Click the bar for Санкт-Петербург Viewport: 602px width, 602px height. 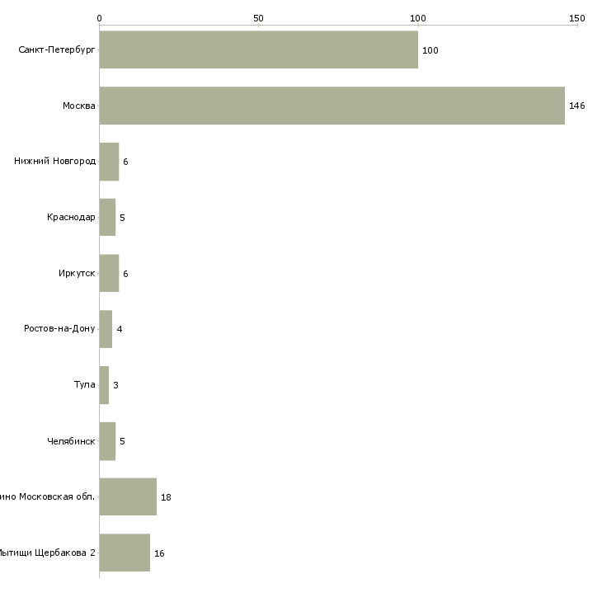(258, 49)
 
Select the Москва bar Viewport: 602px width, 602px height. (332, 106)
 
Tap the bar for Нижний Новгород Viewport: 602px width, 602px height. (109, 162)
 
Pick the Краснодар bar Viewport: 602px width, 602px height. (107, 218)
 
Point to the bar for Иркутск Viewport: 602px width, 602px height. (109, 273)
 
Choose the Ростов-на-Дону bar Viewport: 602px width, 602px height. (106, 329)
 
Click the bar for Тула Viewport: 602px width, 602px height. (104, 385)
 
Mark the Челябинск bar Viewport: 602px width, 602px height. (107, 441)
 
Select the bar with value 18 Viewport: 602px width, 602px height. (128, 497)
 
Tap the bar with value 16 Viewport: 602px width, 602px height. (125, 553)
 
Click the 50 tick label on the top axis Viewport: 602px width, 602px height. (258, 18)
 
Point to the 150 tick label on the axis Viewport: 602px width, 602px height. (576, 18)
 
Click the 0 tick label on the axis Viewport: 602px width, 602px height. (99, 18)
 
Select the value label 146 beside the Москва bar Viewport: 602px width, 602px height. (576, 106)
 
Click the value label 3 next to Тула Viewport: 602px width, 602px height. (115, 385)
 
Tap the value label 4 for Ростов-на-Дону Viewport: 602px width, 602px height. (120, 329)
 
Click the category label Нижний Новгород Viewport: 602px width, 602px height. (54, 162)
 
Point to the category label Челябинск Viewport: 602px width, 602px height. (71, 441)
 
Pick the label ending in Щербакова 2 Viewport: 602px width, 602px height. (46, 553)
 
